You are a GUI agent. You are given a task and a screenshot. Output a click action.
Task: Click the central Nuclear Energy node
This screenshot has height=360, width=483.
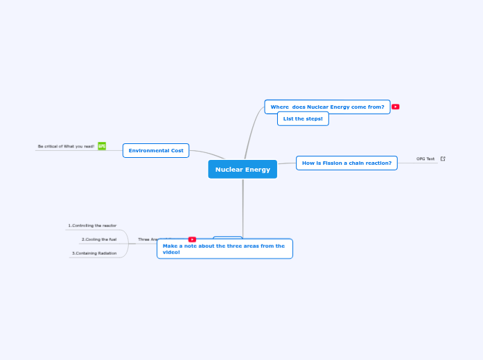243,170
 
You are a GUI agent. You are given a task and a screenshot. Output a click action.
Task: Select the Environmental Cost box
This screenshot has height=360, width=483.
156,150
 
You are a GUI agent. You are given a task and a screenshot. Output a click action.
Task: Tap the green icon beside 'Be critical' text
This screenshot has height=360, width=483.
102,146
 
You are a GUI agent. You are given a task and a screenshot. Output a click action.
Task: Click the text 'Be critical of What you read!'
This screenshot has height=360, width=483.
66,147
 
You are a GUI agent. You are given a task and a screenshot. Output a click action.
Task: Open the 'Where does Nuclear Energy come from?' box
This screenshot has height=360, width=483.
327,107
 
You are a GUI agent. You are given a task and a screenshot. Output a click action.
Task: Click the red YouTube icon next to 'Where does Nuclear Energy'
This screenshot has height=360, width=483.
396,107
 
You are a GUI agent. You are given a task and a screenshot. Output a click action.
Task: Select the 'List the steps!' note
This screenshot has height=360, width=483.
303,119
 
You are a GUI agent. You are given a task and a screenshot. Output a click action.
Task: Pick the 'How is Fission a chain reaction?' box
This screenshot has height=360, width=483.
346,163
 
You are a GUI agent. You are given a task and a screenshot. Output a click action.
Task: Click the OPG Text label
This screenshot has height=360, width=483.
425,159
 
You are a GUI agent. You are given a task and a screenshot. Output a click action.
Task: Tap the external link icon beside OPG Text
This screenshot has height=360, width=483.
443,159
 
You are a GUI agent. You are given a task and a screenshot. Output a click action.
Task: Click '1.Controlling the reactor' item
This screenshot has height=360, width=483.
92,226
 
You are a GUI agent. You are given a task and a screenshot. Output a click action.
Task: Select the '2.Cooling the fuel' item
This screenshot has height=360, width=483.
99,240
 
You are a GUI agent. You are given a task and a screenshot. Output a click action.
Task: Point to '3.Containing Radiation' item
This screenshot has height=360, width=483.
94,253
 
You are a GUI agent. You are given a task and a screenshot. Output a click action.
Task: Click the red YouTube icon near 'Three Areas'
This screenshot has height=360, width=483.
192,240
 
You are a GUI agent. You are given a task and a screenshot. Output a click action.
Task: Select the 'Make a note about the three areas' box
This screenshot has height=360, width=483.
225,249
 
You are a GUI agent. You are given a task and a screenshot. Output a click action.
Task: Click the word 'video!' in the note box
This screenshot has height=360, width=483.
171,253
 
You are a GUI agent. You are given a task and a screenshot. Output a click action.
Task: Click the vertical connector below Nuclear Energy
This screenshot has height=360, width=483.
243,208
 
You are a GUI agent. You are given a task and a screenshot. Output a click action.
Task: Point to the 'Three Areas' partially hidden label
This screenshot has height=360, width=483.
148,240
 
